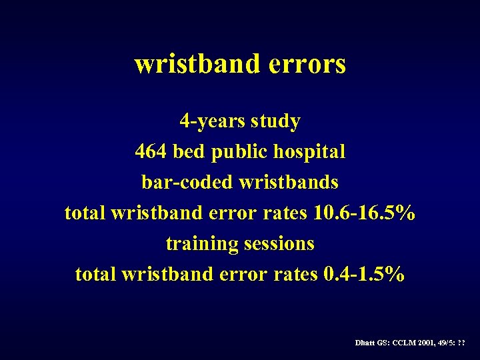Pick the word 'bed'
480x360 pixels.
pos(189,152)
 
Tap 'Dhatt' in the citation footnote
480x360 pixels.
pos(366,342)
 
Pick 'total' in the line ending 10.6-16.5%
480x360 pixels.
pos(85,213)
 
